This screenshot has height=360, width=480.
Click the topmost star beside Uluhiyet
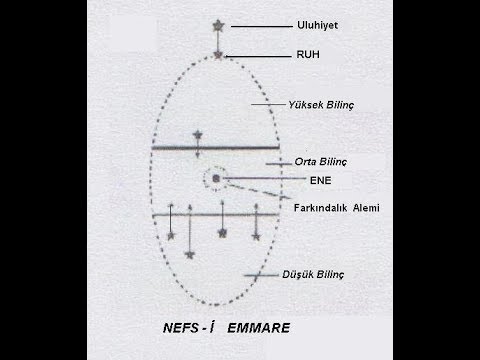click(220, 23)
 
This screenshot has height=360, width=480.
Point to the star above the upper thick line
click(198, 134)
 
